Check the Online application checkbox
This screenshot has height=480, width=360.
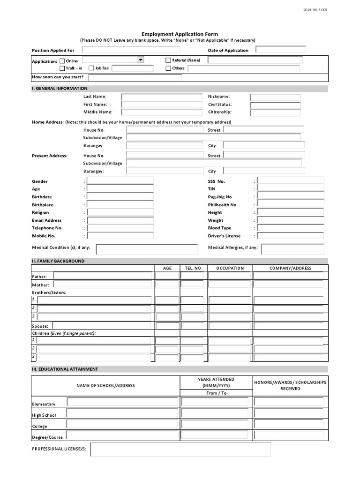62,61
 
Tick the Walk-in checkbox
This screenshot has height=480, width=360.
62,68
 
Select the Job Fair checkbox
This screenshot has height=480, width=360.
91,68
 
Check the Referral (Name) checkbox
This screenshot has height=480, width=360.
168,60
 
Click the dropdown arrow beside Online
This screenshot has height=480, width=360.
140,60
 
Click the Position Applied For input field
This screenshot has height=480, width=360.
141,50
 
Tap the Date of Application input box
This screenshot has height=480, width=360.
281,49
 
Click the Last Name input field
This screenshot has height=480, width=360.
162,97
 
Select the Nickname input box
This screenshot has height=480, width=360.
275,97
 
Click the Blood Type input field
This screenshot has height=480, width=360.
291,228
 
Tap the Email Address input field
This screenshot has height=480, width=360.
120,220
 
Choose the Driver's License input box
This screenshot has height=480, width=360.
291,236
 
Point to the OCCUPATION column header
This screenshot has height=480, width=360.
230,268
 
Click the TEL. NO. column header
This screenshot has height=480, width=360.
193,268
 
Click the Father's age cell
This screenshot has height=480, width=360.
167,276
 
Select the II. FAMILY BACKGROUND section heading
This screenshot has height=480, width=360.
58,261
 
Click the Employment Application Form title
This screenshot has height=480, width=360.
180,34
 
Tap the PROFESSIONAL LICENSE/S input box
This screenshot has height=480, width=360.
180,450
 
